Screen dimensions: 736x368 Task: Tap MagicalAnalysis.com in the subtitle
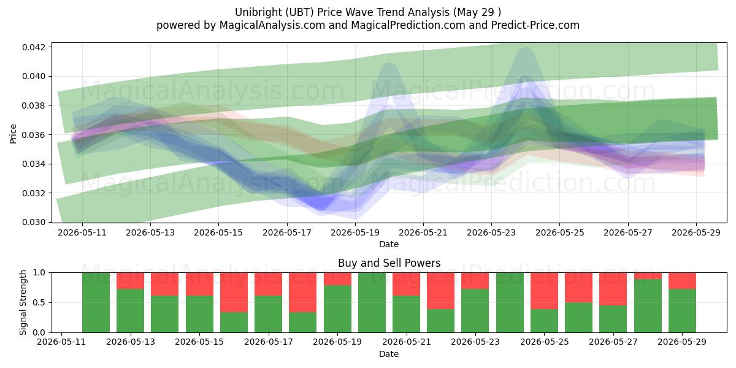(x=272, y=25)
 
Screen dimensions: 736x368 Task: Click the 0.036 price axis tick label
(x=33, y=135)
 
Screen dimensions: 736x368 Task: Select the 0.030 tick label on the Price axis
(x=33, y=223)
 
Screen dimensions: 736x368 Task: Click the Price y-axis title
(x=13, y=134)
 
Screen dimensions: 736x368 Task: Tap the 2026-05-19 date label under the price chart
(x=355, y=232)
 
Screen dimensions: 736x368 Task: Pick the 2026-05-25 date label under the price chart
(x=560, y=232)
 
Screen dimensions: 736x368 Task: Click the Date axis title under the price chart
(x=389, y=244)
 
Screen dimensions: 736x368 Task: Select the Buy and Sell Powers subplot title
(x=389, y=263)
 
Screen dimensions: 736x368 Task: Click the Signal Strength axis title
(x=23, y=302)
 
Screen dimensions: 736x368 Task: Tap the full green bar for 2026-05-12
(x=96, y=302)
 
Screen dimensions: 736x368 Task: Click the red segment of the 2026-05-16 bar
(x=234, y=293)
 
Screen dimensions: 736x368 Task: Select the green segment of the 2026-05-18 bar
(x=302, y=323)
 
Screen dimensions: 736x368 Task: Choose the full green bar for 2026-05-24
(x=510, y=302)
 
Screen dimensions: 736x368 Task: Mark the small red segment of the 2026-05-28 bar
(x=648, y=275)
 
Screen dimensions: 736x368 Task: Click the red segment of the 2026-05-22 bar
(x=440, y=291)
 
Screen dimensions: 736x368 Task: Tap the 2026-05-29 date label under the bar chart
(x=682, y=342)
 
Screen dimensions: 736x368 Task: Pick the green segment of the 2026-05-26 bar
(x=578, y=318)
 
